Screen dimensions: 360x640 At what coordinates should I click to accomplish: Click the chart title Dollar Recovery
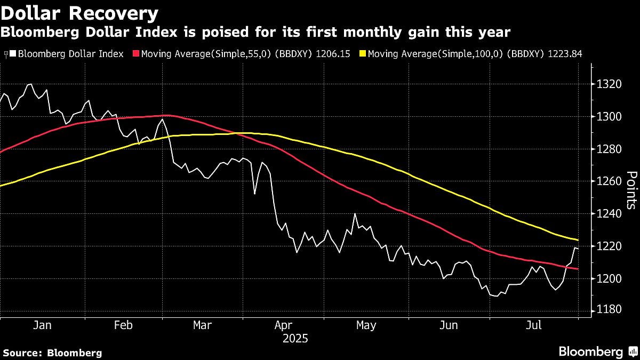click(x=79, y=13)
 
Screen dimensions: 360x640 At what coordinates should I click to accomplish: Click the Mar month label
click(x=203, y=325)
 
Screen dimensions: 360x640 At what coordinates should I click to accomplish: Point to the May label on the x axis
click(x=366, y=325)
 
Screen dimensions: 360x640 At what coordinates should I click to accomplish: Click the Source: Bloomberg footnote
click(x=52, y=353)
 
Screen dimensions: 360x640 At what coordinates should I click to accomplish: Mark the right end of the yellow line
click(x=578, y=240)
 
